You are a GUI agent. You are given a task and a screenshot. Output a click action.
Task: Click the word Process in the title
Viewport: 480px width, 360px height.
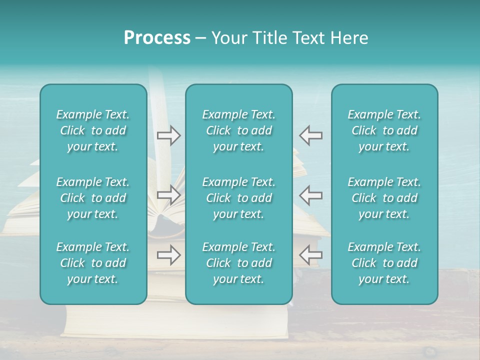[157, 38]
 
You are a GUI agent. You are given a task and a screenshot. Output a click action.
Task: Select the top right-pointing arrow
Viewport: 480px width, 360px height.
[168, 135]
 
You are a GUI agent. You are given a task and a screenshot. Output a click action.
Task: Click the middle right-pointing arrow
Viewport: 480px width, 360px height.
[168, 194]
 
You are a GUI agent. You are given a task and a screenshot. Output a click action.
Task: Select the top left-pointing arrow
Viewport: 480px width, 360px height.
[311, 135]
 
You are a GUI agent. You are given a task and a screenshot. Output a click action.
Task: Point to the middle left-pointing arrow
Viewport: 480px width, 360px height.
[311, 194]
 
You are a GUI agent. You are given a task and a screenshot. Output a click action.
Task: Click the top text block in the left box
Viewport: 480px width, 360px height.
[93, 130]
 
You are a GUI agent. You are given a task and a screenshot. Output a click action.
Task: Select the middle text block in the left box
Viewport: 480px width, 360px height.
[93, 198]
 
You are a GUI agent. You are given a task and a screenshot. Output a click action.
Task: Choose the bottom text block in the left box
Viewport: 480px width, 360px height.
[93, 263]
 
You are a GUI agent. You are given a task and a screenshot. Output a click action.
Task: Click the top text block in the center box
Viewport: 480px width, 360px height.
[239, 130]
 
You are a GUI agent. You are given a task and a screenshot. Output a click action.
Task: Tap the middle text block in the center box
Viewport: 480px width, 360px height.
[239, 198]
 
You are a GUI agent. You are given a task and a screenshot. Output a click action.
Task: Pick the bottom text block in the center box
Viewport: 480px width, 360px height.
[239, 263]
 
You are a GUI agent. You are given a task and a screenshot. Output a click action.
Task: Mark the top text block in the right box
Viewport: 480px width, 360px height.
[384, 130]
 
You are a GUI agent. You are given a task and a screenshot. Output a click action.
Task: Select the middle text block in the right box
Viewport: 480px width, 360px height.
[384, 198]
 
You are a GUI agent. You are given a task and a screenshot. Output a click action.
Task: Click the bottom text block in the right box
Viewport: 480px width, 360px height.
[384, 263]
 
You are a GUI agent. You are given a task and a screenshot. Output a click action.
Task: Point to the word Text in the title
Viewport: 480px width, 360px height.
[309, 38]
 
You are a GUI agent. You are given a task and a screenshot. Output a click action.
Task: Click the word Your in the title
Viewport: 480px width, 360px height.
[227, 38]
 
